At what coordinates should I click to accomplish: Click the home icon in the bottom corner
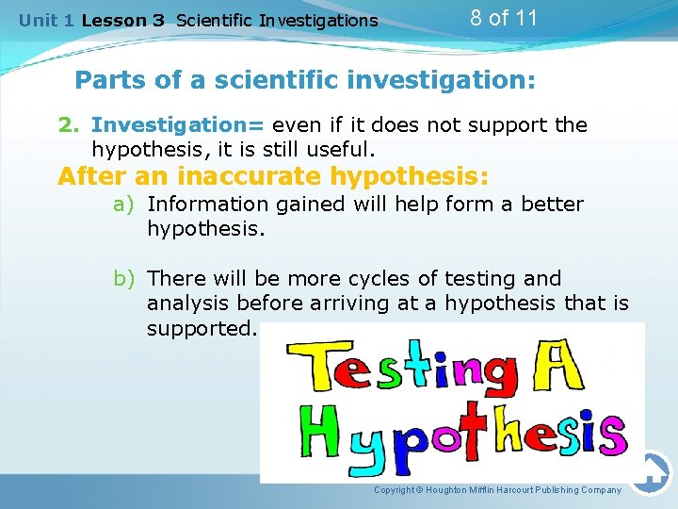click(651, 471)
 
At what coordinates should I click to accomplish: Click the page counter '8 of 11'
click(504, 18)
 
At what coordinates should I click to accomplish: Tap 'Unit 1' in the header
click(47, 20)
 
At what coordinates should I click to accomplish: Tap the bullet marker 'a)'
click(126, 205)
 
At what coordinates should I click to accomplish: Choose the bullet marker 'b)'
click(126, 279)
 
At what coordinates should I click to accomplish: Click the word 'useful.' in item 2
click(343, 149)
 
